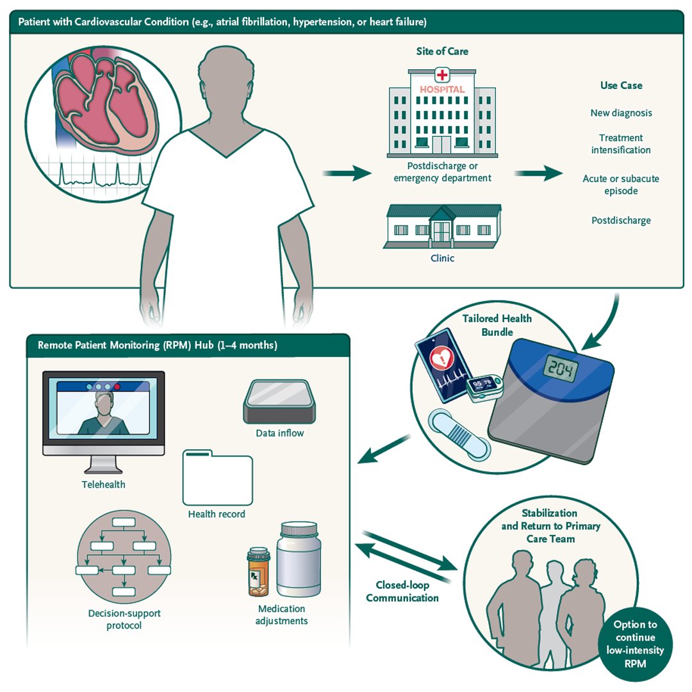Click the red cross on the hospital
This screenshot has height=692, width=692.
click(442, 74)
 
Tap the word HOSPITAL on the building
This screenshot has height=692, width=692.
click(442, 90)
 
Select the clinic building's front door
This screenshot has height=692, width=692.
click(442, 230)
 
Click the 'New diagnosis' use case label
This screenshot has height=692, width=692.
click(621, 113)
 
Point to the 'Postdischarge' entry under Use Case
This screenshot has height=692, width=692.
click(621, 220)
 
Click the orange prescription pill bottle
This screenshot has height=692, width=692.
click(259, 572)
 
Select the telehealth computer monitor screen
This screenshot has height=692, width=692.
click(103, 408)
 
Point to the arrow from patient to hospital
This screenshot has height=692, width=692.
click(346, 173)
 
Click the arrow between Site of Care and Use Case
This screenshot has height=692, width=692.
click(538, 173)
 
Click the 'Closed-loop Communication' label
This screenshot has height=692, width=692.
click(402, 591)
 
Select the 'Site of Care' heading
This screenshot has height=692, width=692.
click(442, 51)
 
